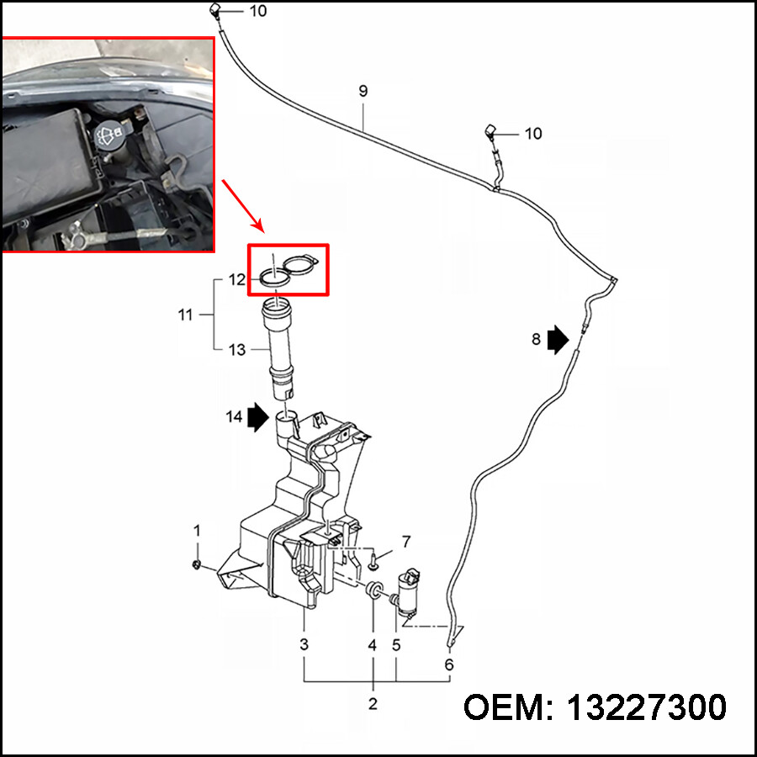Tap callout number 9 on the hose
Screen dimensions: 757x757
(363, 91)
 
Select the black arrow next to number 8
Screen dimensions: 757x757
(558, 339)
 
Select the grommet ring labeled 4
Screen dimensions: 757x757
(373, 589)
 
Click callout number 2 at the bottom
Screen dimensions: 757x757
(373, 704)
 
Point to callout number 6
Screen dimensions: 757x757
(448, 664)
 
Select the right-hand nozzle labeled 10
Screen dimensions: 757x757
(491, 132)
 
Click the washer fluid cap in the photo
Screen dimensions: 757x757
(109, 134)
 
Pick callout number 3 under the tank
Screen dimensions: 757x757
(304, 645)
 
